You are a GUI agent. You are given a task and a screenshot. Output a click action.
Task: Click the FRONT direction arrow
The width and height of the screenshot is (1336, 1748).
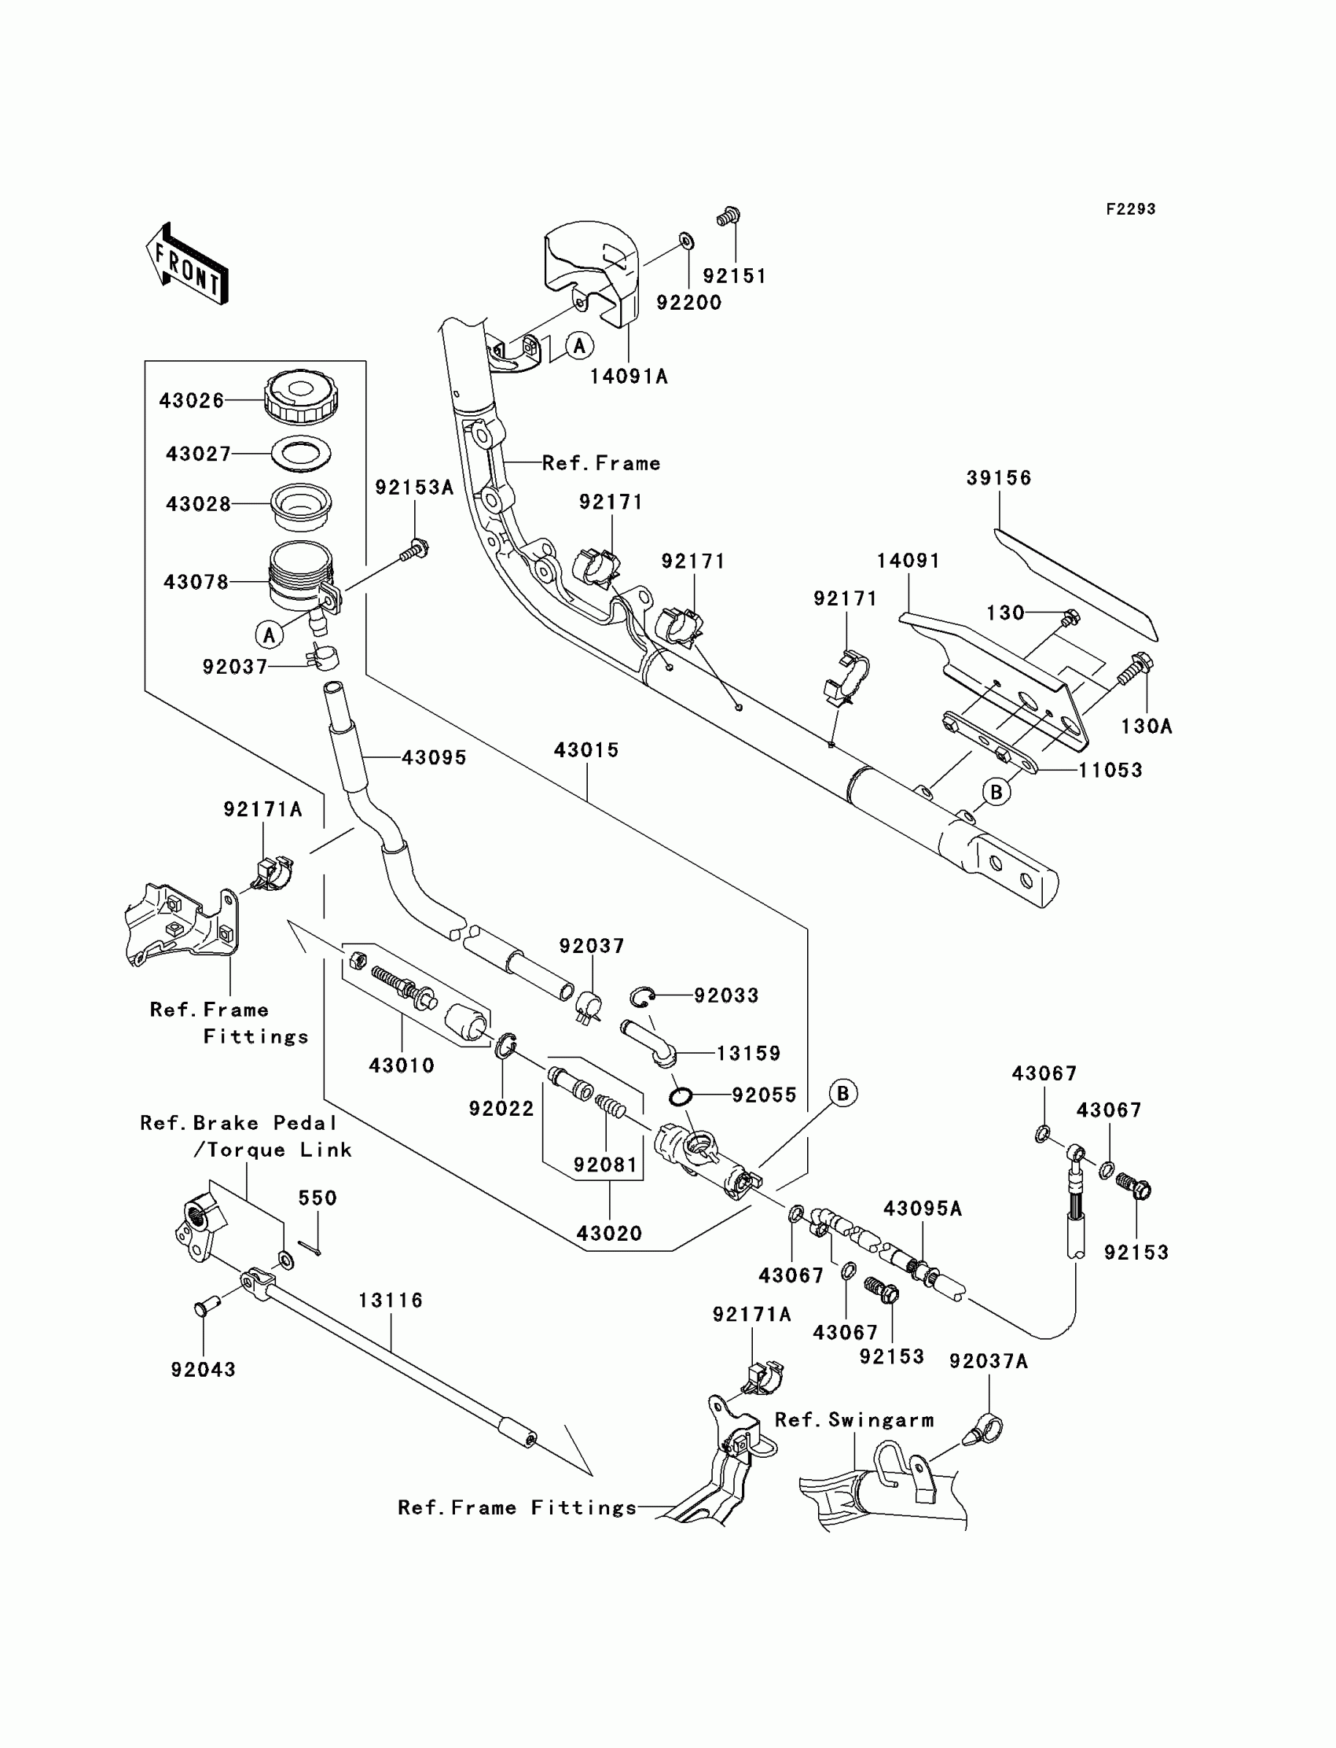pyautogui.click(x=188, y=264)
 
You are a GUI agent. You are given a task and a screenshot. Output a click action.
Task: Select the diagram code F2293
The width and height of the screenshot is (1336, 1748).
pyautogui.click(x=1130, y=209)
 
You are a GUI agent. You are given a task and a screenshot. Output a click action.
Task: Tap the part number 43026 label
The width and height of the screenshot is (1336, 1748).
pyautogui.click(x=192, y=400)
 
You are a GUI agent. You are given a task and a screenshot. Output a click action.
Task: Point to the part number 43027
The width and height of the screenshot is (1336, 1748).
pyautogui.click(x=198, y=454)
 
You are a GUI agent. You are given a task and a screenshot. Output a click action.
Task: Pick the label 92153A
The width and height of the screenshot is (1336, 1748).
pyautogui.click(x=414, y=488)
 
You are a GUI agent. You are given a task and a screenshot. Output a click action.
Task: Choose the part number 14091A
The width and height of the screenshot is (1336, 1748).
pyautogui.click(x=628, y=377)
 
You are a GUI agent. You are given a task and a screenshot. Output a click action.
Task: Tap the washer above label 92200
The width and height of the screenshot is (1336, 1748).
pyautogui.click(x=686, y=241)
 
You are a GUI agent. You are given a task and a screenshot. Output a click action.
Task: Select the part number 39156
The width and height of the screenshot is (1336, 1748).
pyautogui.click(x=999, y=478)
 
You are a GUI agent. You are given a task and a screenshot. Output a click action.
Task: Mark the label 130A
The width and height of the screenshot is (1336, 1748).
pyautogui.click(x=1146, y=726)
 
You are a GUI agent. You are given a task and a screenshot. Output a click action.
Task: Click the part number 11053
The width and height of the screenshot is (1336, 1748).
pyautogui.click(x=1110, y=770)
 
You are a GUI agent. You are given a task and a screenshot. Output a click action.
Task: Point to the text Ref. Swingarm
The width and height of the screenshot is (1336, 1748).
pyautogui.click(x=854, y=1420)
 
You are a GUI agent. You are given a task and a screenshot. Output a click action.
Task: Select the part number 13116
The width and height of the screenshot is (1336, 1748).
pyautogui.click(x=391, y=1300)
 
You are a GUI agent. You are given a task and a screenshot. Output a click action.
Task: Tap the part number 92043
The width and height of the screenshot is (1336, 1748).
pyautogui.click(x=204, y=1369)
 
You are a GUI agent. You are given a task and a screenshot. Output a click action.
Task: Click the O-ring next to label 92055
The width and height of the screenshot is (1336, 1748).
pyautogui.click(x=679, y=1097)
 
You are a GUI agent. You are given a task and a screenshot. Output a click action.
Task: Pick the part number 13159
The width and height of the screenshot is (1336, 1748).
pyautogui.click(x=748, y=1054)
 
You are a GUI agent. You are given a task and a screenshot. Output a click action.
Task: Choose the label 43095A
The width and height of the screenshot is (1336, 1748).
pyautogui.click(x=923, y=1209)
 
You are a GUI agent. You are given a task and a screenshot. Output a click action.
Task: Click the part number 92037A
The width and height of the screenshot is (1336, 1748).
pyautogui.click(x=989, y=1361)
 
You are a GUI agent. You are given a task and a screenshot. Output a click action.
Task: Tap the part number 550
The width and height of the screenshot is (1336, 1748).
pyautogui.click(x=317, y=1198)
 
